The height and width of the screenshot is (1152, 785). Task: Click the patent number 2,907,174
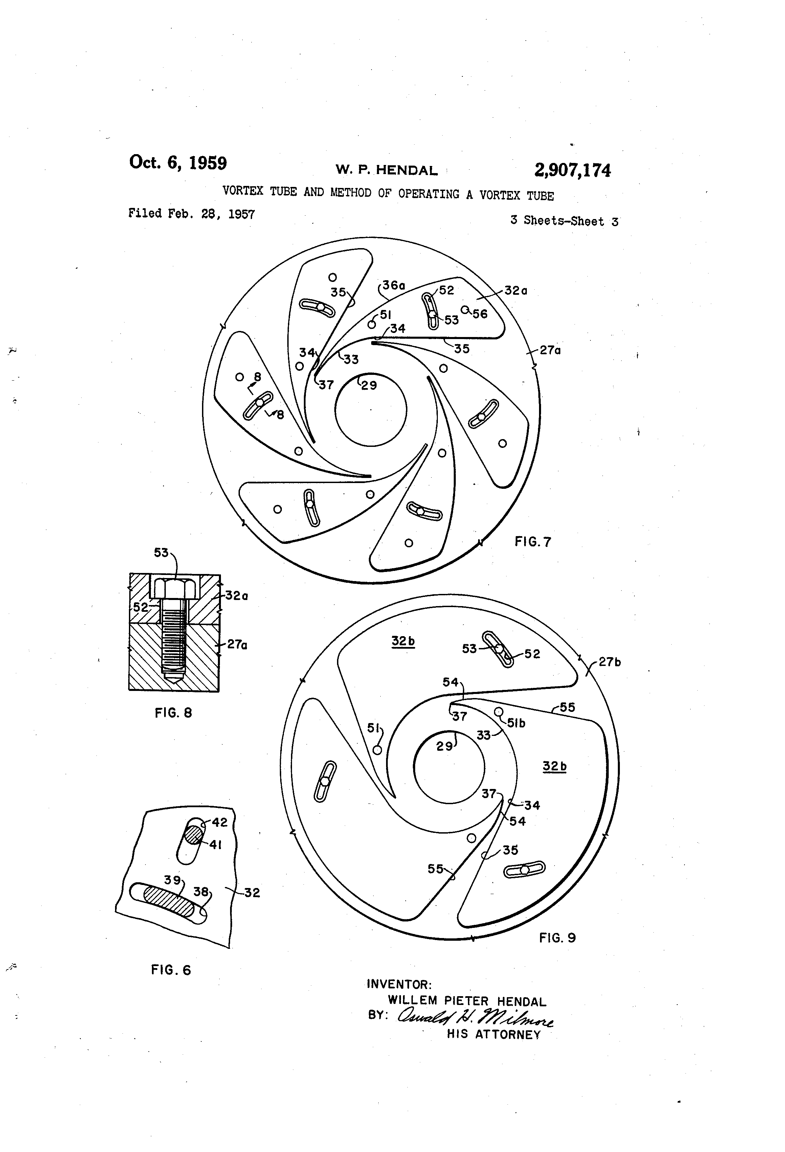coord(572,170)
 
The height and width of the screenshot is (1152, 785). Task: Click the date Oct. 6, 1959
coord(178,163)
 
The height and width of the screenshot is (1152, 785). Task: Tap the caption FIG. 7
coord(533,542)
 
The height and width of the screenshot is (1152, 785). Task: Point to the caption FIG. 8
coord(173,713)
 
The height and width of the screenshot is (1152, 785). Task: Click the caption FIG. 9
coord(557,937)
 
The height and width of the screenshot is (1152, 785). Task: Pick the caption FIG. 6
coord(171,969)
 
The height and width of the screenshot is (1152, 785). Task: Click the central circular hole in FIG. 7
coord(371,409)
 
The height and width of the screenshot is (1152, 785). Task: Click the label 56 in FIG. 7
coord(479,314)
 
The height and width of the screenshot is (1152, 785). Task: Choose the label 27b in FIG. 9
coord(609,662)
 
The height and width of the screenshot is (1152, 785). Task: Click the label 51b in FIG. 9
coord(516,723)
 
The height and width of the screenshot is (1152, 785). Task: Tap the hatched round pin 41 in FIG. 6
coord(194,834)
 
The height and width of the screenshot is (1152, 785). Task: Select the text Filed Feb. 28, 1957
coord(192,214)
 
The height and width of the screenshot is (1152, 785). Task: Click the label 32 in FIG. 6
coord(252,892)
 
